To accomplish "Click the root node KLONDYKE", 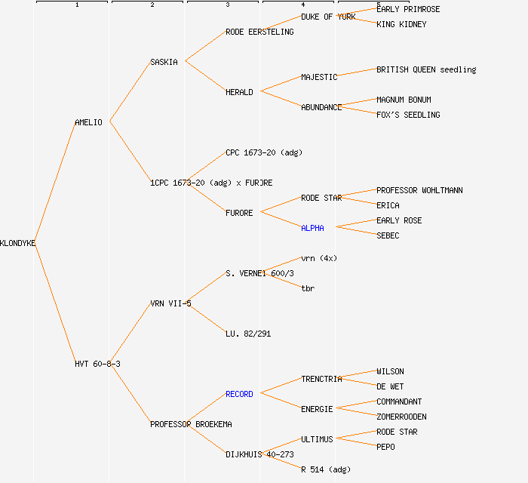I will pos(18,243).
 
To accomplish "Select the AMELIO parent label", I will pos(88,122).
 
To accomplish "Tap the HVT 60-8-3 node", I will pos(97,364).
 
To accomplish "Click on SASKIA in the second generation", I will pos(164,62).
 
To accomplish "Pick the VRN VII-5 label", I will pos(170,303).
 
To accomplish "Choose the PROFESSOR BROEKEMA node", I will pos(191,424).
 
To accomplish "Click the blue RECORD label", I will pos(239,394).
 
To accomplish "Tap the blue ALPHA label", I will pos(312,228).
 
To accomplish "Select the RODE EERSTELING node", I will pos(259,32).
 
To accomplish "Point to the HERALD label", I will pos(239,92).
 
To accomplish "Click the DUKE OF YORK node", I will pos(328,17).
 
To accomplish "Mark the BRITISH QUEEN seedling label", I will pos(426,69).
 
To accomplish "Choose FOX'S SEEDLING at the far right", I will pos(408,115).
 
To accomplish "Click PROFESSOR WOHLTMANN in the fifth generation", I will pos(419,190).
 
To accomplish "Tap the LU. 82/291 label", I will pos(248,334).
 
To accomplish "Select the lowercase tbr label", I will pos(308,288).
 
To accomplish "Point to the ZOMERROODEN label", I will pos(401,417).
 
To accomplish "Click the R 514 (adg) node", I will pos(326,469).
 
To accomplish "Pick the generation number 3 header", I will pos(227,5).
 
